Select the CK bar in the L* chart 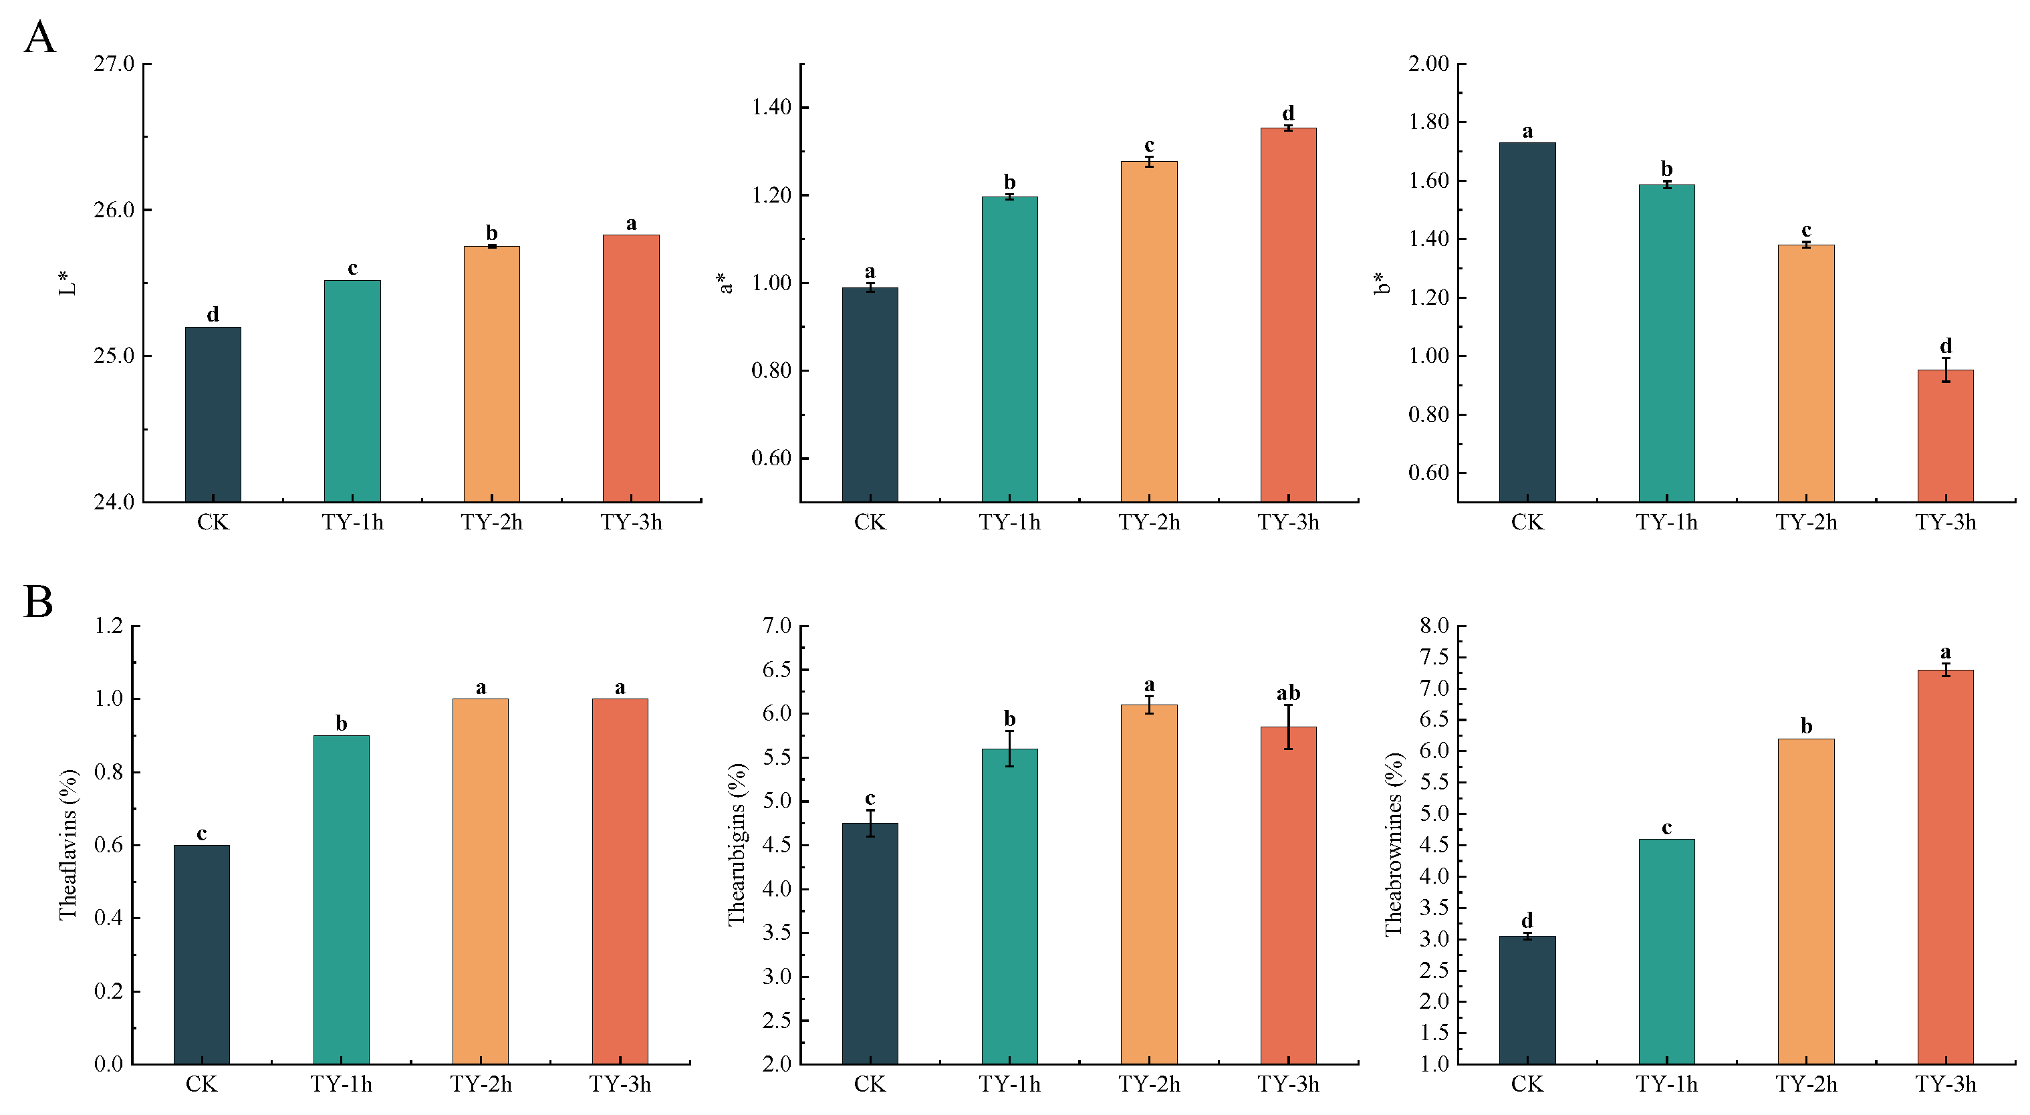coord(213,414)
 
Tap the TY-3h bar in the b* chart coord(1945,436)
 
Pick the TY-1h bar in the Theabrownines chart coord(1666,951)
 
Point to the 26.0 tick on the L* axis coord(114,211)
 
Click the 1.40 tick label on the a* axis coord(771,107)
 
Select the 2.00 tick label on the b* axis coord(1428,64)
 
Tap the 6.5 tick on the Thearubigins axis coord(776,670)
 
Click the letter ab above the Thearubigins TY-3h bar coord(1287,693)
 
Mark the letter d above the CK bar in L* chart coord(213,314)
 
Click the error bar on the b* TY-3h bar coord(1946,370)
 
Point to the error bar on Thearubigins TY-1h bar coord(1009,749)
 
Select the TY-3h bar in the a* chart coord(1287,316)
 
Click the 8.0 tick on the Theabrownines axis coord(1434,626)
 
